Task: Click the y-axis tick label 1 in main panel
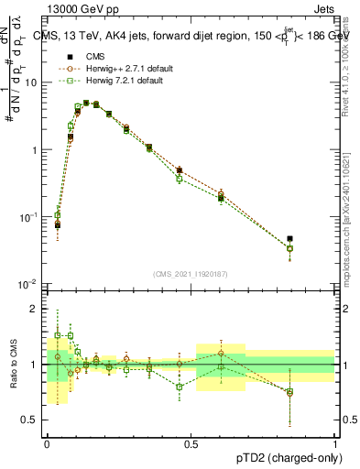click(x=36, y=149)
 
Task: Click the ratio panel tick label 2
click(x=36, y=309)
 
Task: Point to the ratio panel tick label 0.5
click(x=32, y=420)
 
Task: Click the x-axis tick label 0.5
click(x=191, y=442)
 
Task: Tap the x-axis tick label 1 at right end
click(x=335, y=442)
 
